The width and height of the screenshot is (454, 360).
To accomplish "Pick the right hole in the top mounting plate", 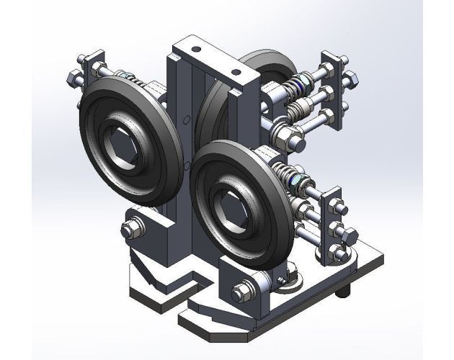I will [235, 74].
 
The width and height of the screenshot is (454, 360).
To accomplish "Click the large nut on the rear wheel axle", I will [289, 134].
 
